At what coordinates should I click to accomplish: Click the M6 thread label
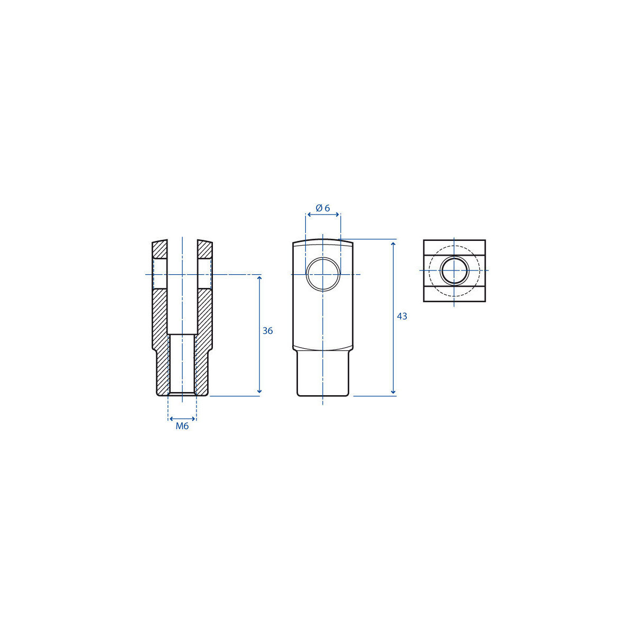click(182, 426)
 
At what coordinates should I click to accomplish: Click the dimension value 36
click(267, 331)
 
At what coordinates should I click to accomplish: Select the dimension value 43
click(402, 316)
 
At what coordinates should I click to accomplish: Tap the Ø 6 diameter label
click(323, 208)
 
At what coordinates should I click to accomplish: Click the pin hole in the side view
click(323, 274)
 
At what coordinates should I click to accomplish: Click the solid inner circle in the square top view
click(454, 271)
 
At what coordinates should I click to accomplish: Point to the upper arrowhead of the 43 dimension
click(393, 244)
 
